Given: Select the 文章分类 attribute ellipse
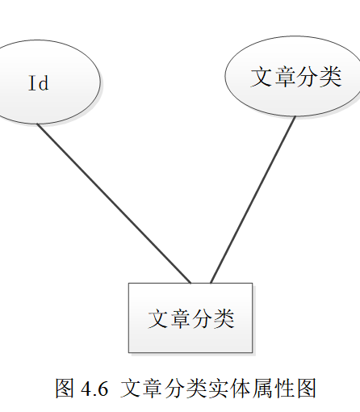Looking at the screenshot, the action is pyautogui.click(x=293, y=76).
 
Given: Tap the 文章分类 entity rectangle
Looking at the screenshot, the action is pyautogui.click(x=190, y=317).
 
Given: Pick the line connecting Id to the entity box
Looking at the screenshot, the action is pyautogui.click(x=114, y=204).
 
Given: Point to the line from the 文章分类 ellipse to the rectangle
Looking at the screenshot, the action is pyautogui.click(x=253, y=200).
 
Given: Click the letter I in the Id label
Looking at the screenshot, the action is pyautogui.click(x=32, y=83).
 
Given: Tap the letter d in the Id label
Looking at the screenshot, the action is pyautogui.click(x=44, y=83).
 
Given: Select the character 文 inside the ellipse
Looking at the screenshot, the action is pyautogui.click(x=262, y=77).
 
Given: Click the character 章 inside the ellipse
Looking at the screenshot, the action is pyautogui.click(x=284, y=77).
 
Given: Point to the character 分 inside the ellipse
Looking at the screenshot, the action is pyautogui.click(x=307, y=77).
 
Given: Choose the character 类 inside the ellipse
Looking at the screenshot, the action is pyautogui.click(x=330, y=77).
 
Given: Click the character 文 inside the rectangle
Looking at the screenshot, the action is pyautogui.click(x=158, y=318).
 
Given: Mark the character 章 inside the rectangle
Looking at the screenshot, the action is pyautogui.click(x=180, y=318).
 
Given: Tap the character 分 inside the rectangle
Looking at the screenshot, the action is pyautogui.click(x=202, y=318).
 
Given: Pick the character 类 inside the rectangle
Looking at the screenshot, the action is pyautogui.click(x=224, y=318).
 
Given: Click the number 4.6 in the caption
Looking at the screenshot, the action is pyautogui.click(x=94, y=389).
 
